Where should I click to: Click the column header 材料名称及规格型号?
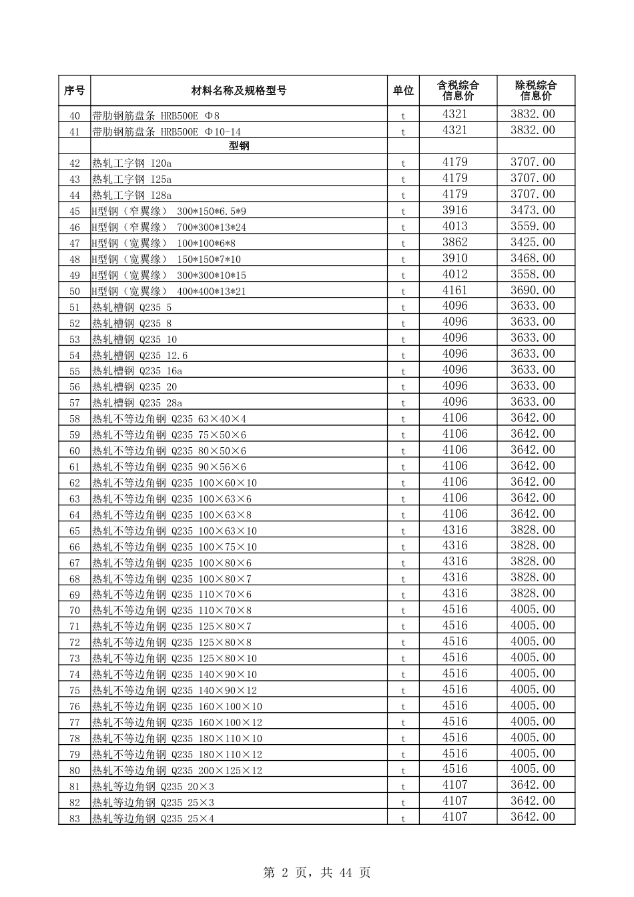(239, 91)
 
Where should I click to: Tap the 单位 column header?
(403, 91)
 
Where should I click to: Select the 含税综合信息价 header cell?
(458, 91)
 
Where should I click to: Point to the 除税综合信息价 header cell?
(535, 91)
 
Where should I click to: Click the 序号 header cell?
(74, 91)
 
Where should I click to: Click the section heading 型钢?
(239, 146)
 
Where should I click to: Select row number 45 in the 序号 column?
(74, 212)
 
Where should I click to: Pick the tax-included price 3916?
(455, 210)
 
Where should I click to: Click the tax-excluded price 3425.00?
(533, 242)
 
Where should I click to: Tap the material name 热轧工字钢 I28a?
(132, 196)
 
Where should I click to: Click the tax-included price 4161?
(455, 290)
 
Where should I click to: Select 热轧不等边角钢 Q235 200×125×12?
(177, 771)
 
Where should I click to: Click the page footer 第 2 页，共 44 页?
(317, 872)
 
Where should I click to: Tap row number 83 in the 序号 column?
(74, 819)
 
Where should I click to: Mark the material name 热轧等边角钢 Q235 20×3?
(153, 787)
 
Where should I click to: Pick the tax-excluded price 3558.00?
(533, 274)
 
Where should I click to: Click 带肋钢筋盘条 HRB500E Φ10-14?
(166, 132)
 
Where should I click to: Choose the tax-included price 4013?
(455, 226)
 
